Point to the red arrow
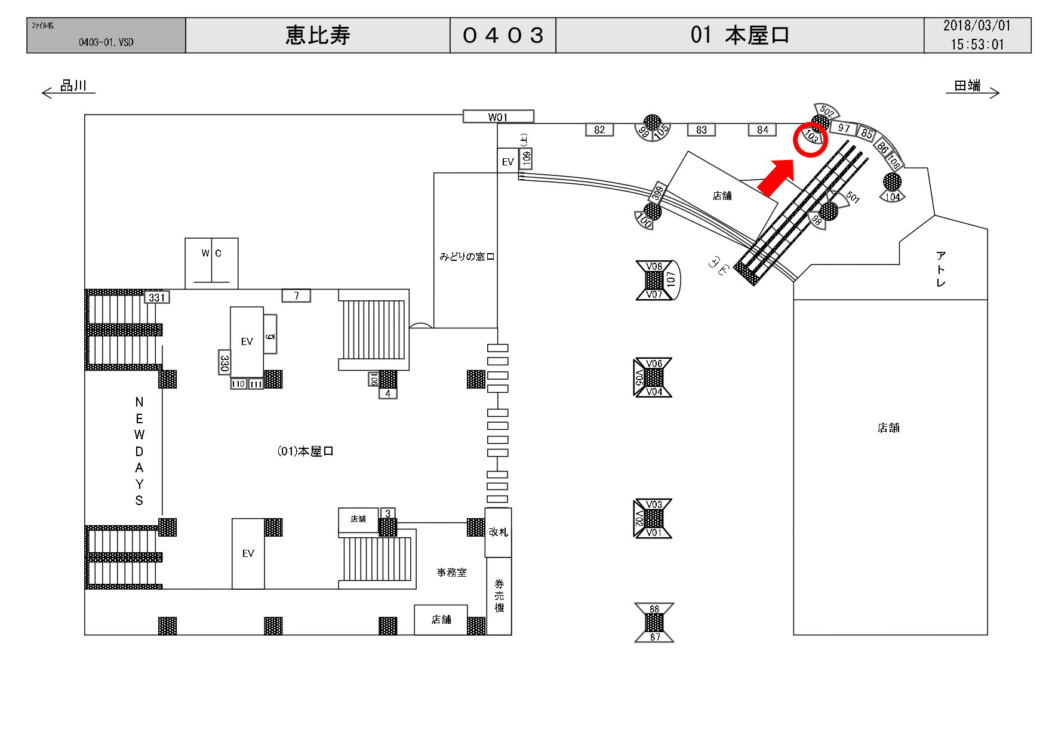pyautogui.click(x=777, y=177)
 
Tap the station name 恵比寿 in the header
pyautogui.click(x=318, y=35)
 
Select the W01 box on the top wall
pyautogui.click(x=498, y=116)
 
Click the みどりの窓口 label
pyautogui.click(x=467, y=257)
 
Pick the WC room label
pyautogui.click(x=211, y=254)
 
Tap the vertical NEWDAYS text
pyautogui.click(x=139, y=451)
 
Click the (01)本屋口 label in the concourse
pyautogui.click(x=305, y=451)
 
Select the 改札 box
pyautogui.click(x=498, y=532)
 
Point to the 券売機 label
pyautogui.click(x=499, y=595)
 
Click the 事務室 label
pyautogui.click(x=451, y=572)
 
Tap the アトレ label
pyautogui.click(x=941, y=269)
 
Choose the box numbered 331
pyautogui.click(x=157, y=297)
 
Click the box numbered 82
pyautogui.click(x=599, y=130)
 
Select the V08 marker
pyautogui.click(x=654, y=266)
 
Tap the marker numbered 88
pyautogui.click(x=654, y=609)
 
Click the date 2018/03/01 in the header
pyautogui.click(x=977, y=26)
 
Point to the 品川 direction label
pyautogui.click(x=73, y=86)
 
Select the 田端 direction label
pyautogui.click(x=967, y=86)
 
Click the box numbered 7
pyautogui.click(x=296, y=295)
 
